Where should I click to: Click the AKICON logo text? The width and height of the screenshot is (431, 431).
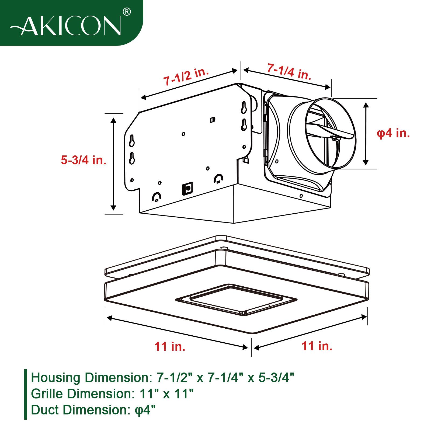(66, 26)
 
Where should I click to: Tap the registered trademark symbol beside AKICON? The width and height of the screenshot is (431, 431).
(127, 12)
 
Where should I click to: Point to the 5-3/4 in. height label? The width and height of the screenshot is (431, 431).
(84, 160)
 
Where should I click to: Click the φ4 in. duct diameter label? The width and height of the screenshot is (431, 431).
(393, 133)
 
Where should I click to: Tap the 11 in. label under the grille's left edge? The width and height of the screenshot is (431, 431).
(170, 346)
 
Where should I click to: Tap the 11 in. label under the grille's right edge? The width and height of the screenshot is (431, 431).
(317, 346)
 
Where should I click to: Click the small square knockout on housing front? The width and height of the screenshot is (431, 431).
(187, 188)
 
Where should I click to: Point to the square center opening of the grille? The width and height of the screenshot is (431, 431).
(236, 299)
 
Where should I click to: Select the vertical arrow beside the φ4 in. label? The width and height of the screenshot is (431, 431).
(366, 134)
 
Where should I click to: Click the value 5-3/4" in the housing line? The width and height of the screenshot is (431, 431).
(276, 378)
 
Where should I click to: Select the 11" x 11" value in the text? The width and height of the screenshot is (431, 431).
(166, 394)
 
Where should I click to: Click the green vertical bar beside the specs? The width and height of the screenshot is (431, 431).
(26, 394)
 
